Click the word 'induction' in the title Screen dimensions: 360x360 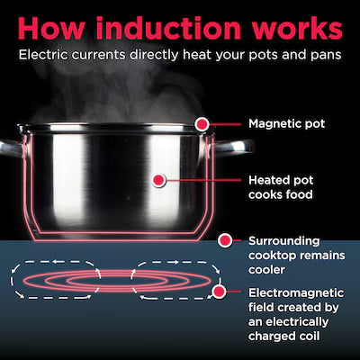168,28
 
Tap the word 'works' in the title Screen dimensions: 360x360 297,28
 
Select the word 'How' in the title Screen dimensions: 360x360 51,28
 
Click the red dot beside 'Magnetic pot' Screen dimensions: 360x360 202,124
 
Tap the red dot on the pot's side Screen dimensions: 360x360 158,180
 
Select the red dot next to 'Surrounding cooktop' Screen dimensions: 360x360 225,240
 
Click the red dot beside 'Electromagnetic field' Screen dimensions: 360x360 219,291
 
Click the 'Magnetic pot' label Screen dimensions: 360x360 286,124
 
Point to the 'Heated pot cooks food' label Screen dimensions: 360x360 281,187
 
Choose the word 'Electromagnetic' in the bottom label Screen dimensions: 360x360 296,293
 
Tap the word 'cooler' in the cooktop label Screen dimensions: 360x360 266,269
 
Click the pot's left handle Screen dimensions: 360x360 12,147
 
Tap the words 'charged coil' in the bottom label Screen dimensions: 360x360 284,336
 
